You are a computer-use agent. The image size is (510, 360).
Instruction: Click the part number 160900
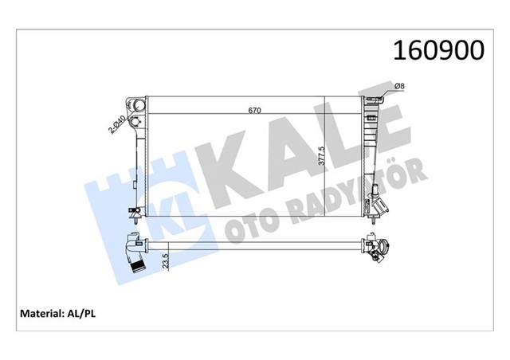[437, 50]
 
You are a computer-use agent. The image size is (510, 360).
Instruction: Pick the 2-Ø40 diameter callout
[118, 125]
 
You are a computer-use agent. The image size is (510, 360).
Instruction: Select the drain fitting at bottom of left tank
[135, 212]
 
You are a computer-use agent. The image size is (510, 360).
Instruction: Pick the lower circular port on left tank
[138, 121]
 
